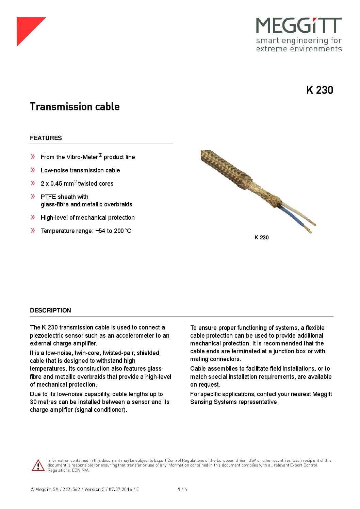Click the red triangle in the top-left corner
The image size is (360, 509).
27,27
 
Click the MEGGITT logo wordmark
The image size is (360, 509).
298,26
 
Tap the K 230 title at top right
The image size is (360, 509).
320,90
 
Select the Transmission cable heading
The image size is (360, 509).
75,107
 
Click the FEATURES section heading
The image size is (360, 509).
46,138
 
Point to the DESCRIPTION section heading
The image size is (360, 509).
50,310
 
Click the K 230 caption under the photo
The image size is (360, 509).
261,238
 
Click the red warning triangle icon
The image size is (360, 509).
38,465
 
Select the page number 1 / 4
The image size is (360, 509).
182,490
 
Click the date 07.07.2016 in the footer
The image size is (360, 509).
120,490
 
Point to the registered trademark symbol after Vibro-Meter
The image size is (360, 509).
100,155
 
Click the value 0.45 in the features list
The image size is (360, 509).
56,184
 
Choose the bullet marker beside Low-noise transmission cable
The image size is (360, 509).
33,170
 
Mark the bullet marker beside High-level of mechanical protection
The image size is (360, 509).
33,217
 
